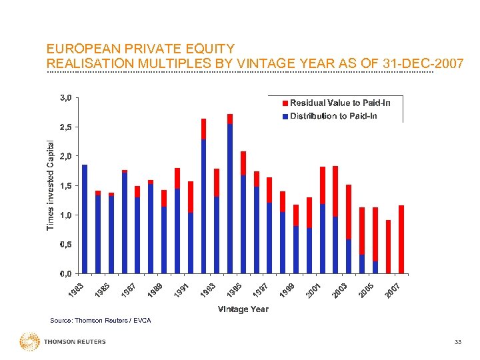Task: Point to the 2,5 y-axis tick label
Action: pyautogui.click(x=65, y=127)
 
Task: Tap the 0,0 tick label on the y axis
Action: pyautogui.click(x=65, y=274)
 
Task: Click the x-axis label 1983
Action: pyautogui.click(x=78, y=291)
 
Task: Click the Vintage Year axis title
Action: pyautogui.click(x=243, y=309)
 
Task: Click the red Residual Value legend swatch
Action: pyautogui.click(x=285, y=103)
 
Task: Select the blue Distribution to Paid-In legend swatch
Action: pyautogui.click(x=285, y=116)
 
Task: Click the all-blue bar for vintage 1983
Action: pyautogui.click(x=85, y=219)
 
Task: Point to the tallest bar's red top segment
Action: pyautogui.click(x=230, y=119)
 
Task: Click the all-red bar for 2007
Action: pyautogui.click(x=401, y=239)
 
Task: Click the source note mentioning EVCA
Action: pyautogui.click(x=101, y=321)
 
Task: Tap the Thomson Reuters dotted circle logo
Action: pyautogui.click(x=29, y=342)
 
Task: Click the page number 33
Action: pyautogui.click(x=457, y=342)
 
